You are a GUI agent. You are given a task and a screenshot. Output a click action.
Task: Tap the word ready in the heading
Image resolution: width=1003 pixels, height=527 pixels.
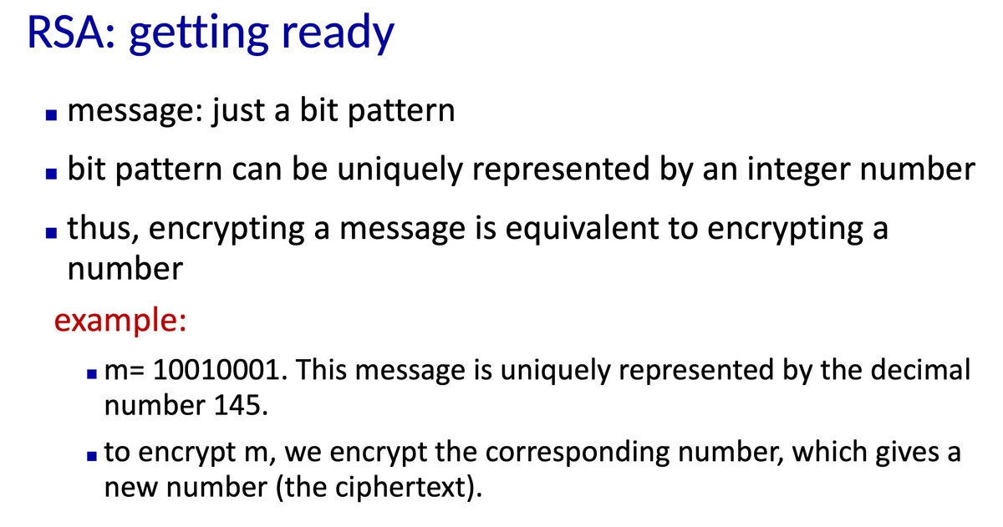[338, 35]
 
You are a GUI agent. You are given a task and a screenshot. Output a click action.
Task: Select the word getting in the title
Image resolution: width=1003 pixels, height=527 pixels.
[199, 36]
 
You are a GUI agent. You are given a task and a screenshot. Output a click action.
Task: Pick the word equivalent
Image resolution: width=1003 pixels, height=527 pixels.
[582, 229]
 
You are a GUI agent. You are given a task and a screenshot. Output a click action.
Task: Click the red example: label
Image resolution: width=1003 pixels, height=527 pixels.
[120, 321]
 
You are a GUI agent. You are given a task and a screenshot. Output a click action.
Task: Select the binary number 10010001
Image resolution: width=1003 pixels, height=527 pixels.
[216, 371]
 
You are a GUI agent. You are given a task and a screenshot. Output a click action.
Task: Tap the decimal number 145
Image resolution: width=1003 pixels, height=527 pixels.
[237, 405]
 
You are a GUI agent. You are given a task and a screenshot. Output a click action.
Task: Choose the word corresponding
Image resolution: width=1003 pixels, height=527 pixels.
[578, 453]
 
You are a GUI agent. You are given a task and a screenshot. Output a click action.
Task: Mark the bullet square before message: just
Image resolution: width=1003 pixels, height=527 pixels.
[52, 115]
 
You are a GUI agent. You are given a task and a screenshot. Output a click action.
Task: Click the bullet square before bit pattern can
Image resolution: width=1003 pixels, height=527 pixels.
[52, 174]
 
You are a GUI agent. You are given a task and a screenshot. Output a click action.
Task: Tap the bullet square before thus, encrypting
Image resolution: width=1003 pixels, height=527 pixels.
[52, 233]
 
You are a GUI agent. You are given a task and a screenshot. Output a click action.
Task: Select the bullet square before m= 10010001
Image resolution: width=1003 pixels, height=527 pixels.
[92, 374]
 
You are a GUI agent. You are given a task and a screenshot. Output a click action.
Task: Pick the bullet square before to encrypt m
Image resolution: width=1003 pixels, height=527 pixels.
[92, 456]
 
